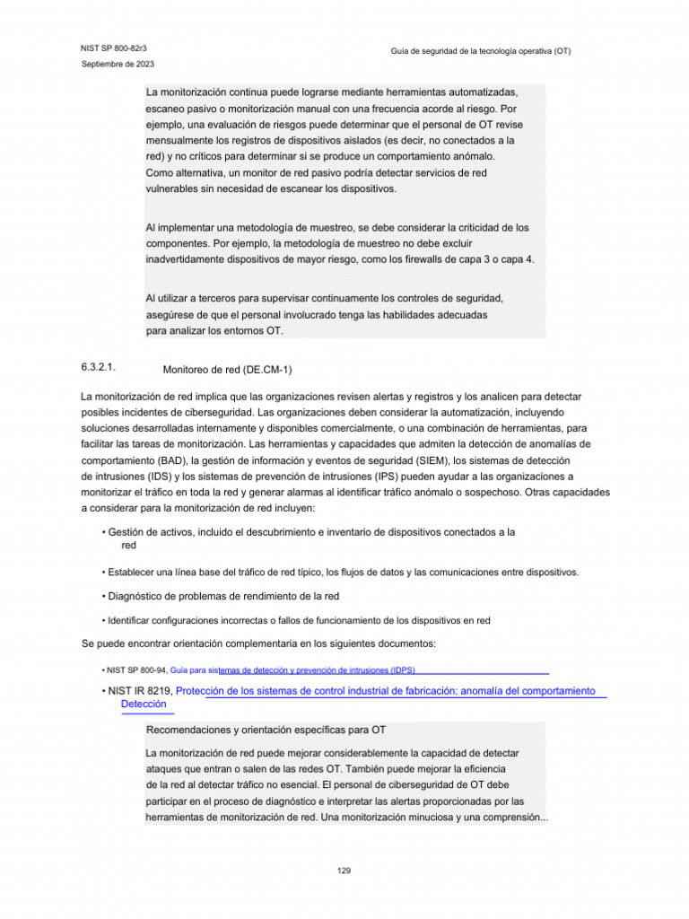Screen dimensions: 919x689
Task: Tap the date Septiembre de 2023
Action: tap(118, 65)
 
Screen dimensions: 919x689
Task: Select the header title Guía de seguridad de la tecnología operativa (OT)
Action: tap(480, 52)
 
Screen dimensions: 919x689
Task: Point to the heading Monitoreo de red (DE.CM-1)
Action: tap(228, 369)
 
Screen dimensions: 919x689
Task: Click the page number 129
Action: tap(344, 871)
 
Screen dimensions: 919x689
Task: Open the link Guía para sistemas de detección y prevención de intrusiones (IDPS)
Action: tap(292, 670)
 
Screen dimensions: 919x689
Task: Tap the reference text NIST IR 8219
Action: tap(139, 691)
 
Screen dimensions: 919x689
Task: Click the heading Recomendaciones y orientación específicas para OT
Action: tap(266, 731)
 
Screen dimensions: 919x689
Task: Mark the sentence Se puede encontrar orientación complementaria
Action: tap(258, 644)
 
